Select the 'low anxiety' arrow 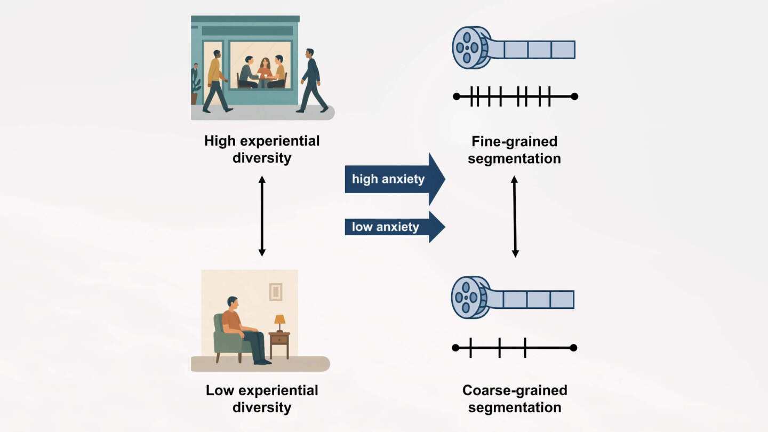tap(392, 227)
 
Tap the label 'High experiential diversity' tap(262, 149)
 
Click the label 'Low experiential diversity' tap(262, 398)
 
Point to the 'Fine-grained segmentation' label tap(514, 150)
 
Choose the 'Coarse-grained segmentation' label tap(514, 398)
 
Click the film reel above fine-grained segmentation tap(470, 47)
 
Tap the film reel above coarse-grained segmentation tap(469, 298)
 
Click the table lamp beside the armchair tap(279, 322)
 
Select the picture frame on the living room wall tap(275, 291)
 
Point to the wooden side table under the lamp tap(279, 344)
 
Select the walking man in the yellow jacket tap(216, 81)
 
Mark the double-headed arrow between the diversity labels tap(262, 216)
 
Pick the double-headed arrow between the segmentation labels tap(515, 217)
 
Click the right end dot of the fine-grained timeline tap(574, 97)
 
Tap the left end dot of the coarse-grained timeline tap(455, 348)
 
